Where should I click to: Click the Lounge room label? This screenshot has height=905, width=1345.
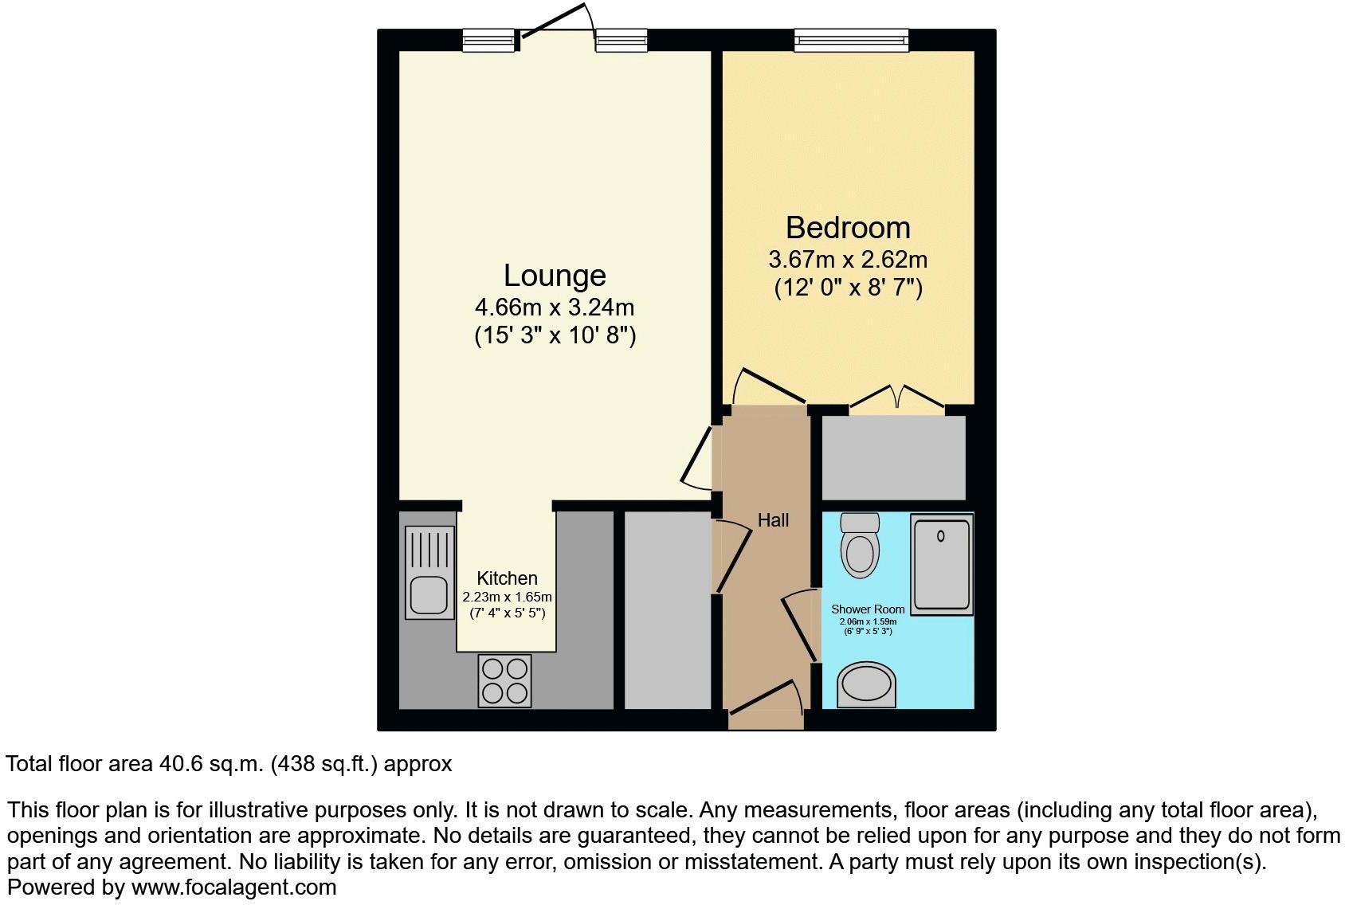pyautogui.click(x=555, y=276)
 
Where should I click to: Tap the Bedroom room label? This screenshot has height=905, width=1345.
pyautogui.click(x=848, y=228)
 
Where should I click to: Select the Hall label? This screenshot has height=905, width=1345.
pyautogui.click(x=773, y=520)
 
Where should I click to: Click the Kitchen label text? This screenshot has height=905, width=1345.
pyautogui.click(x=507, y=578)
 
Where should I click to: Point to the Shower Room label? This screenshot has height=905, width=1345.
pyautogui.click(x=868, y=609)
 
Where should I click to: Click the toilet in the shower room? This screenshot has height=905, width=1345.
pyautogui.click(x=860, y=546)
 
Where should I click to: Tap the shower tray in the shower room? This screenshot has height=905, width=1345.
pyautogui.click(x=942, y=565)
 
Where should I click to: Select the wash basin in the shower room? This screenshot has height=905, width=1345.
pyautogui.click(x=866, y=685)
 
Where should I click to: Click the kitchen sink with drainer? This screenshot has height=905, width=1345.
pyautogui.click(x=429, y=572)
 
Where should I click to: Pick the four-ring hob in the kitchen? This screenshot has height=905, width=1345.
pyautogui.click(x=504, y=680)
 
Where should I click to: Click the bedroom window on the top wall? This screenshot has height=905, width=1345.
pyautogui.click(x=851, y=40)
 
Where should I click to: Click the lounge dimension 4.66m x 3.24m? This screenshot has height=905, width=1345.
pyautogui.click(x=555, y=307)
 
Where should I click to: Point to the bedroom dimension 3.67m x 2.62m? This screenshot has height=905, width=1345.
pyautogui.click(x=848, y=260)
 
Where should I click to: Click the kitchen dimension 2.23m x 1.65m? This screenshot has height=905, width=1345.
pyautogui.click(x=507, y=597)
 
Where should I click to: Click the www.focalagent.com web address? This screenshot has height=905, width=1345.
pyautogui.click(x=233, y=887)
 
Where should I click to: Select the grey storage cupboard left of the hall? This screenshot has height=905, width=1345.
pyautogui.click(x=666, y=609)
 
